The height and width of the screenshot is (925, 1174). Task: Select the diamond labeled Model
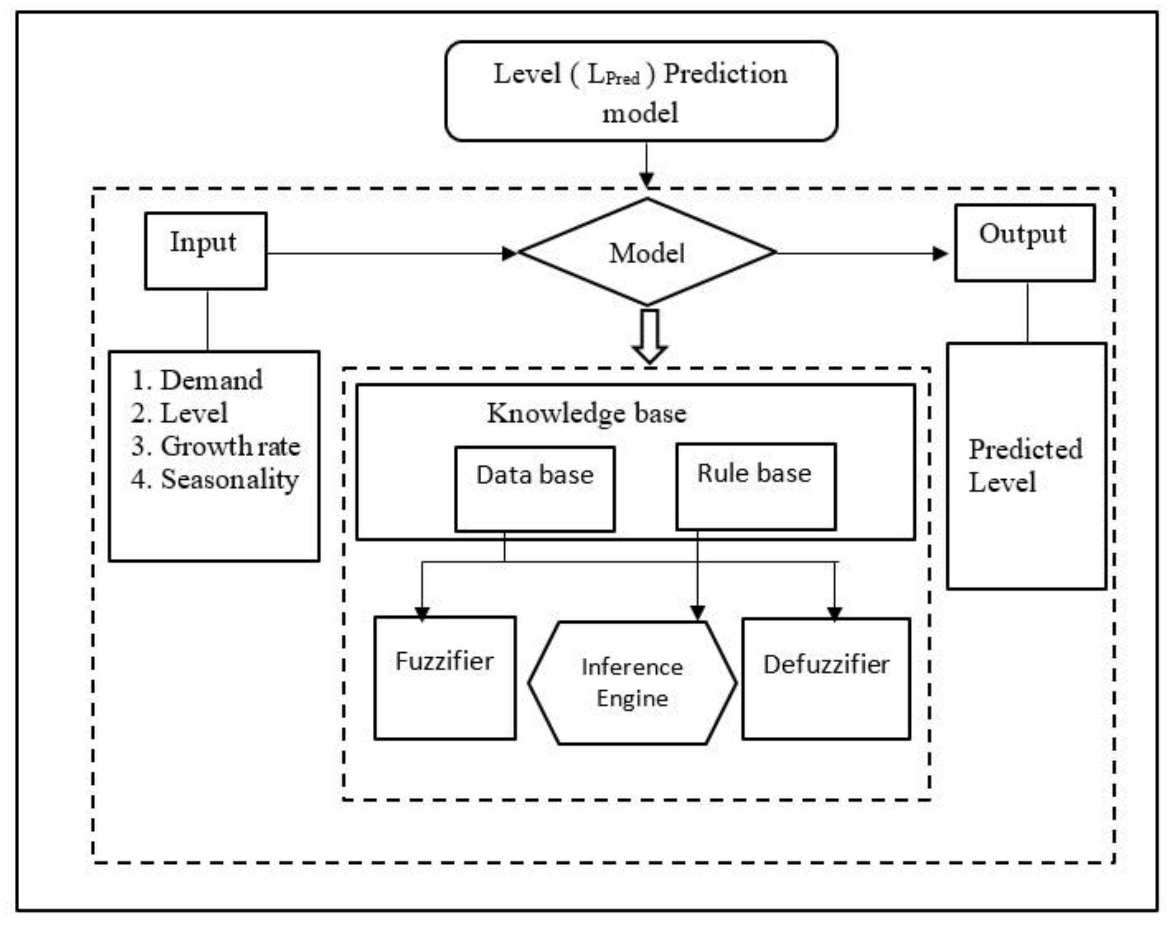pyautogui.click(x=647, y=252)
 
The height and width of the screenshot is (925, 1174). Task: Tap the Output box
pyautogui.click(x=1024, y=242)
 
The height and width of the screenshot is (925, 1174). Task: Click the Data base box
pyautogui.click(x=535, y=488)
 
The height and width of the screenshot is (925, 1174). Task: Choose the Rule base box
pyautogui.click(x=756, y=486)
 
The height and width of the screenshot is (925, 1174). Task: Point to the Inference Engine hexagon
pyautogui.click(x=632, y=682)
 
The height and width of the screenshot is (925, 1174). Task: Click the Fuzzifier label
pyautogui.click(x=444, y=661)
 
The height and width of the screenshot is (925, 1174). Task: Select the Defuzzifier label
pyautogui.click(x=826, y=664)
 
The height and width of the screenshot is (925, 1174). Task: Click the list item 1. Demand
pyautogui.click(x=198, y=380)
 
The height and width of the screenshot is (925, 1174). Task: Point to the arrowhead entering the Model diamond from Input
pyautogui.click(x=509, y=253)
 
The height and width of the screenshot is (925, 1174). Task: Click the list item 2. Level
pyautogui.click(x=179, y=413)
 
